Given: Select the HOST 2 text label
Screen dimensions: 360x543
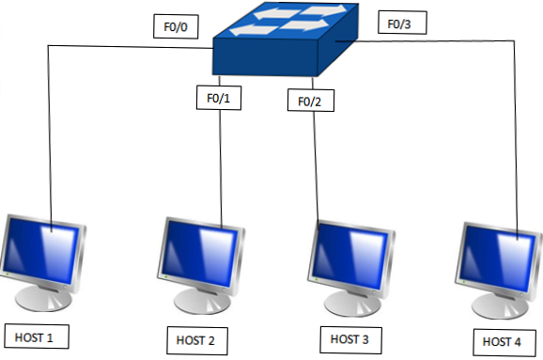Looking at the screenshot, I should [x=195, y=338].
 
